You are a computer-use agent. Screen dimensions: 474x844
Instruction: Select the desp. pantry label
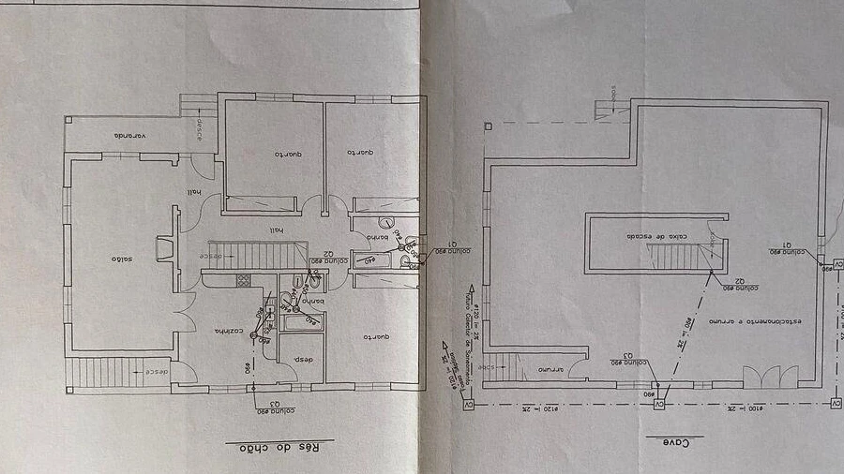tap(302, 361)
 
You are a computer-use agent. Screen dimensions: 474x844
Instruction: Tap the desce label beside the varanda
tap(199, 132)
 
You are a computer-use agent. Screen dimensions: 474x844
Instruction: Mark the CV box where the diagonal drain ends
tap(659, 404)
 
